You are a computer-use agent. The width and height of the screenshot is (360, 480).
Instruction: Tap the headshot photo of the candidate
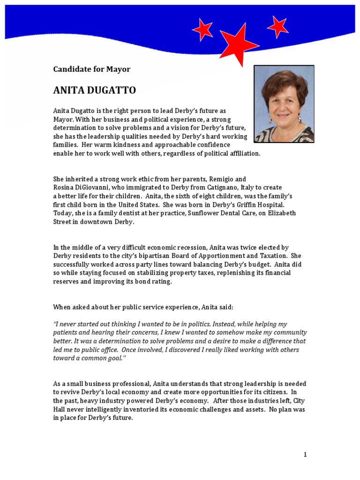coord(284,104)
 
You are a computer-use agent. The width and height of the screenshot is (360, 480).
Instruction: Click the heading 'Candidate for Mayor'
coord(91,69)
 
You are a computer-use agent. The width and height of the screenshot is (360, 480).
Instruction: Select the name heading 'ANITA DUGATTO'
coord(94,90)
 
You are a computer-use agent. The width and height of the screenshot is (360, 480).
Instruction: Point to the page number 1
coord(305,454)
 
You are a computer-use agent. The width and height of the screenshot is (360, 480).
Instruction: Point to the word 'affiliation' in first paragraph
coord(242,153)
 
